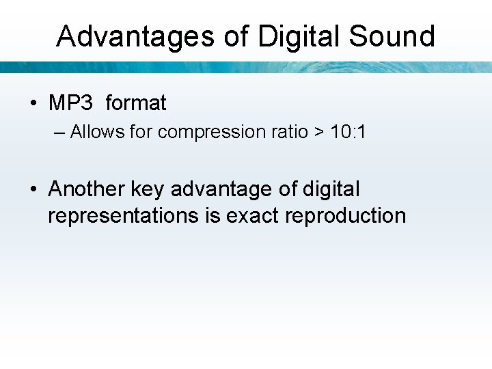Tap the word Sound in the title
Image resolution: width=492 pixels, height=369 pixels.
[392, 36]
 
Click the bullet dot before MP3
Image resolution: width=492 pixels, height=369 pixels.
[33, 104]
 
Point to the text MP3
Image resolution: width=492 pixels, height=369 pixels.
[70, 103]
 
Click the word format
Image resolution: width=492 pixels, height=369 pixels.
[136, 103]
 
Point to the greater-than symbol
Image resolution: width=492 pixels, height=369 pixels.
[318, 133]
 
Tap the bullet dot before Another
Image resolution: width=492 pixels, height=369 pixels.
[33, 189]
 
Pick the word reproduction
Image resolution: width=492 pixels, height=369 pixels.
[346, 216]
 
